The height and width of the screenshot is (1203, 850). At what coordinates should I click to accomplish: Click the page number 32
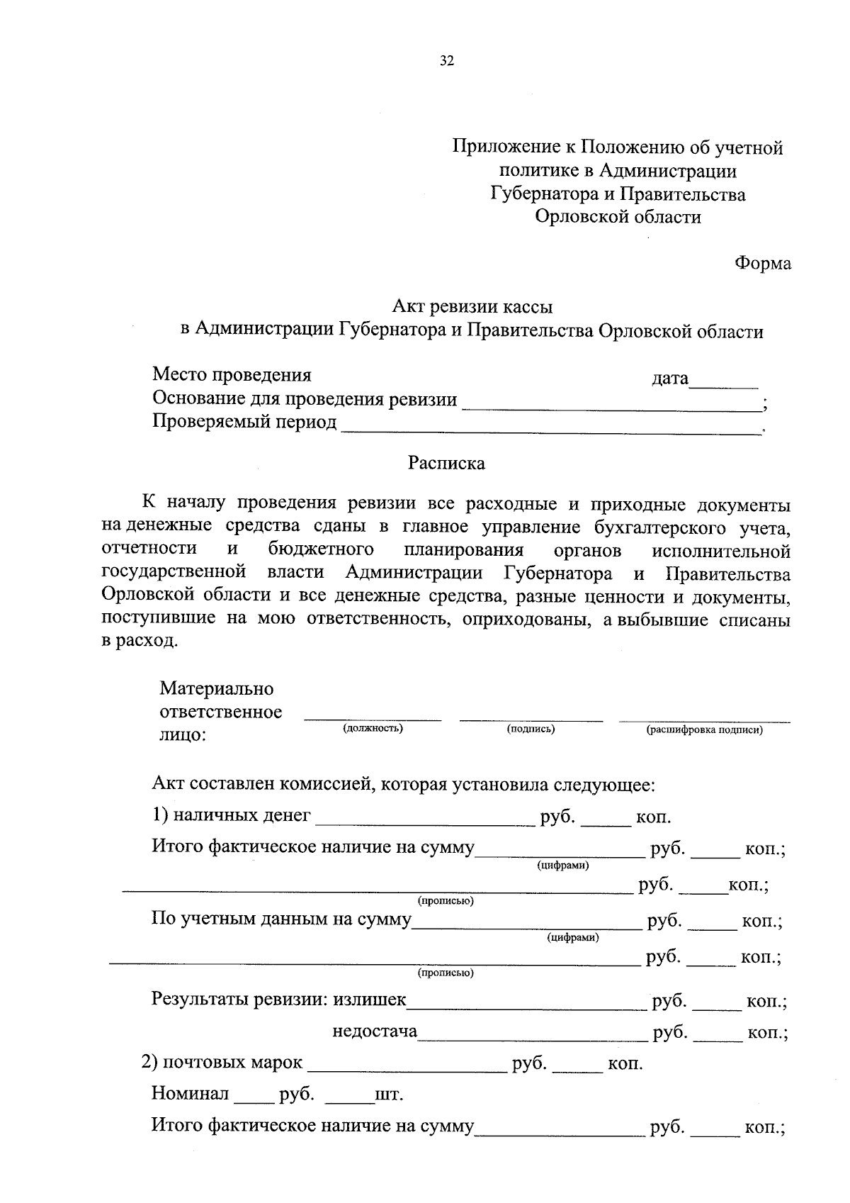click(446, 61)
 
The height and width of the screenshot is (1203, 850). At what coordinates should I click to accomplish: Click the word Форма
click(762, 263)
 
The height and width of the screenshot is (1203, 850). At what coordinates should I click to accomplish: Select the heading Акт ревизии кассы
click(473, 307)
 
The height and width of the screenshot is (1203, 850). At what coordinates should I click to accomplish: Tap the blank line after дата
click(724, 385)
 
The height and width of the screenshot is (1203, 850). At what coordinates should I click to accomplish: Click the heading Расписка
click(446, 464)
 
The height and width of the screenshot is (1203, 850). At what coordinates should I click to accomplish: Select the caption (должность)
click(373, 729)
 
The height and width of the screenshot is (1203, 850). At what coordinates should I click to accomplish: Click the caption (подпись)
click(531, 729)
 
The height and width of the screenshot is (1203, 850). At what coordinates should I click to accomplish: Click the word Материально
click(217, 688)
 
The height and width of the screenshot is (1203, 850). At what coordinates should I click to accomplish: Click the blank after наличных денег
click(425, 822)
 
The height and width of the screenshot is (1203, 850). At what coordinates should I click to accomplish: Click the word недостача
click(375, 1031)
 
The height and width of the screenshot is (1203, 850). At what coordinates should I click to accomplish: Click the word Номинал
click(190, 1094)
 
